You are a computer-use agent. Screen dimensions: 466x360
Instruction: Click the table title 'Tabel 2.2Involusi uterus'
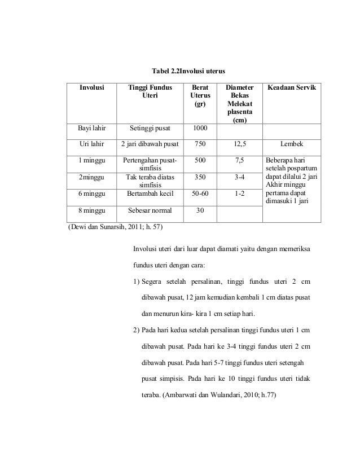pyautogui.click(x=189, y=72)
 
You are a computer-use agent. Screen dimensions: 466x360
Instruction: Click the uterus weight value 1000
pyautogui.click(x=200, y=129)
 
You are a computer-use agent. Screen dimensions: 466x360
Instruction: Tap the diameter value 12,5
pyautogui.click(x=240, y=144)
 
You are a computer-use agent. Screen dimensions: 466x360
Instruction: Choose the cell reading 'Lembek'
pyautogui.click(x=292, y=144)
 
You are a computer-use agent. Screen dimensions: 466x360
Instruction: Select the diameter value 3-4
pyautogui.click(x=240, y=177)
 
